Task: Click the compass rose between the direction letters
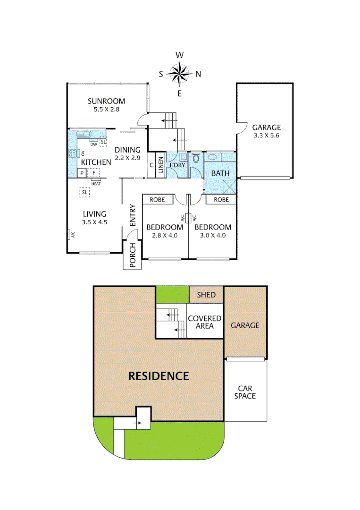tap(179, 74)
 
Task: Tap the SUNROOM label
tap(107, 101)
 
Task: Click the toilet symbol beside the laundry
tap(196, 159)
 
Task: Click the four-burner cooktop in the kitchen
tap(73, 153)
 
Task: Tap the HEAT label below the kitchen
tap(96, 184)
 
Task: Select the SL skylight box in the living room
tap(84, 192)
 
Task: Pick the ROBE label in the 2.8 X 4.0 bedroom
tap(157, 200)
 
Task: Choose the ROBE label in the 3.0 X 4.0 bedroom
tap(221, 200)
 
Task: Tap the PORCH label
tap(133, 255)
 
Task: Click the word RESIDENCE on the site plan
tap(159, 376)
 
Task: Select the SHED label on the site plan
tap(206, 295)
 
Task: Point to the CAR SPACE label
tap(245, 391)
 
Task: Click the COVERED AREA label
tap(204, 322)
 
